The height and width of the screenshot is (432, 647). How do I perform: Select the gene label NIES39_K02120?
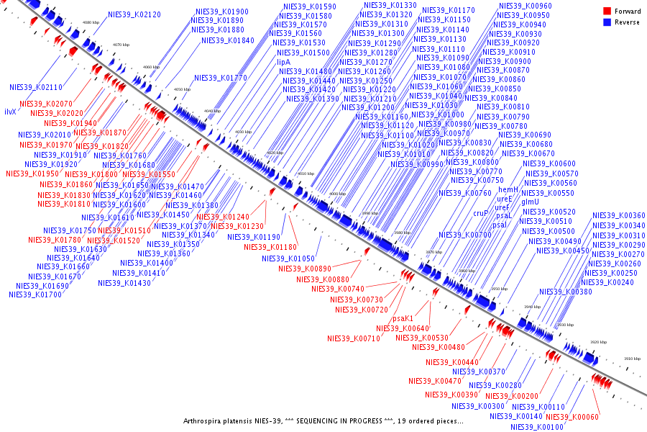click(134, 14)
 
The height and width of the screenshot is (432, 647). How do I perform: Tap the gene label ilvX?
click(10, 112)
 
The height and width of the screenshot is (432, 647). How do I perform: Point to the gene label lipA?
click(283, 63)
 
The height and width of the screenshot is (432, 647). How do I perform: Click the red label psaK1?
click(403, 318)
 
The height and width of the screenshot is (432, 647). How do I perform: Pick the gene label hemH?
click(508, 189)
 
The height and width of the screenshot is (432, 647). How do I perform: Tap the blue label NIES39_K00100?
click(537, 427)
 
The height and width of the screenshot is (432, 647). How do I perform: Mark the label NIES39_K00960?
click(525, 6)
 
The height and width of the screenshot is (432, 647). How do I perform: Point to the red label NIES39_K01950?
click(32, 174)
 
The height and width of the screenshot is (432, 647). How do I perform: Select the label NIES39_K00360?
click(618, 215)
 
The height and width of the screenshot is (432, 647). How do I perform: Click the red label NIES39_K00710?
click(353, 338)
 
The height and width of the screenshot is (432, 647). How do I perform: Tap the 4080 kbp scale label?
click(91, 23)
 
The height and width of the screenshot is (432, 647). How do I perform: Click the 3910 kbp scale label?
click(632, 358)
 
